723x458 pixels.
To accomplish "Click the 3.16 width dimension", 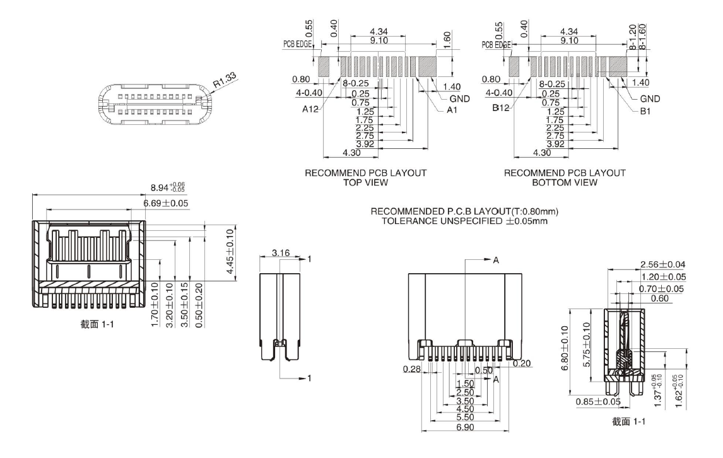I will (x=281, y=253).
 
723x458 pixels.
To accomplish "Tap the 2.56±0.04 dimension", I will (x=662, y=264).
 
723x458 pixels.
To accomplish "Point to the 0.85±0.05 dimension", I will (x=597, y=401).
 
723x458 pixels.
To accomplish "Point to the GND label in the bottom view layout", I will (x=650, y=99).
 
